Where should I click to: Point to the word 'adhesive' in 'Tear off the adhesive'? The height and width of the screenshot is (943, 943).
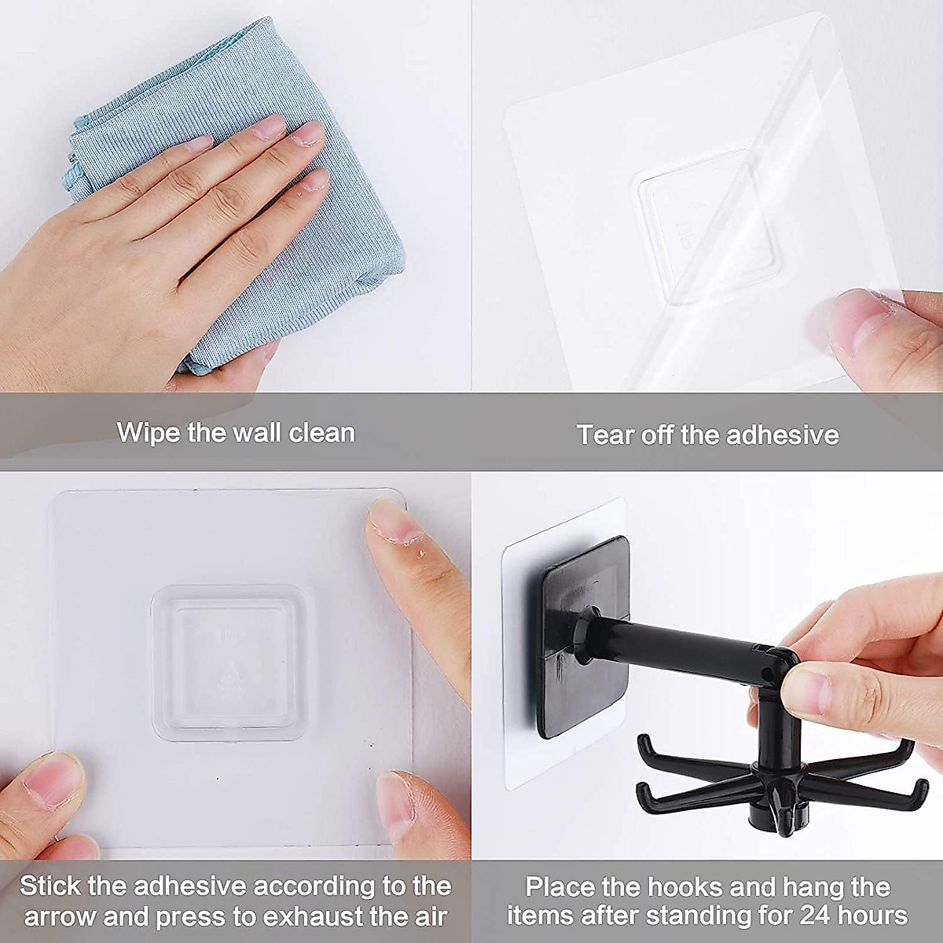(783, 434)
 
